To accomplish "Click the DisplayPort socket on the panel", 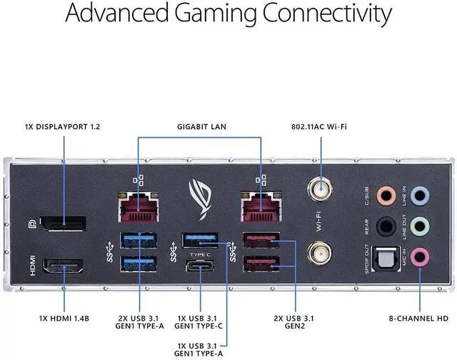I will coord(63,225).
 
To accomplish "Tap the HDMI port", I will coord(63,268).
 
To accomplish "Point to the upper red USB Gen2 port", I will coord(262,241).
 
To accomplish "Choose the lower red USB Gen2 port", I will coord(262,264).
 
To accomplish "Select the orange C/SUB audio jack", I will coord(386,194).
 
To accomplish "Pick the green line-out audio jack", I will coord(421,224).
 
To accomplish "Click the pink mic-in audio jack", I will coord(421,254).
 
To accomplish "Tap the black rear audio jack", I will coord(386,224).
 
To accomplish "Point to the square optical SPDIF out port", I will coord(386,255).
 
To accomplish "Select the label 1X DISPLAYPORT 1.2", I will coord(62,127).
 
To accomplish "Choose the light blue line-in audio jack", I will coord(421,194).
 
